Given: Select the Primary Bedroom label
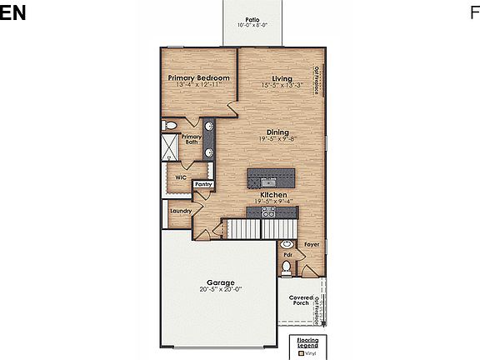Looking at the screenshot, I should click(x=197, y=77).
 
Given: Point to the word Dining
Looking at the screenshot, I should click(x=277, y=132).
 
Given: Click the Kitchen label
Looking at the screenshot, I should click(x=272, y=194).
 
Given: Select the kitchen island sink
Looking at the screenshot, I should click(x=269, y=181).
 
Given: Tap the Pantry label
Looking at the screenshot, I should click(x=203, y=184).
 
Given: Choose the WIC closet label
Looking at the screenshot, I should click(x=180, y=177).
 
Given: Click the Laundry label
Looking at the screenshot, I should click(x=181, y=211).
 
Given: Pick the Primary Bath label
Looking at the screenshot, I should click(x=192, y=139).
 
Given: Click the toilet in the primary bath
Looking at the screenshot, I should click(x=170, y=125).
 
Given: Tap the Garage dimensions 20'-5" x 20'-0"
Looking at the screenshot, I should click(x=221, y=289).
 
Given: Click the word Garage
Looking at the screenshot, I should click(x=221, y=282).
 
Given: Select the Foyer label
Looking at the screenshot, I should click(x=312, y=244).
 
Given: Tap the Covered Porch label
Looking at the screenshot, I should click(x=301, y=300).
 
